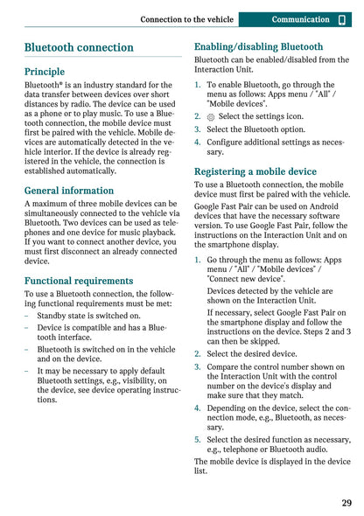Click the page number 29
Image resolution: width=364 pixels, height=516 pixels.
(346, 503)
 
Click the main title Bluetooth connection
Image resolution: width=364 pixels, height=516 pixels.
(79, 47)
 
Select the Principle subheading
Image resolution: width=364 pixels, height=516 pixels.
(45, 72)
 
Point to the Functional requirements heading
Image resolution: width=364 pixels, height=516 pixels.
(79, 281)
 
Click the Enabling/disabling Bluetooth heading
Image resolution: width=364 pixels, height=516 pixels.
(258, 46)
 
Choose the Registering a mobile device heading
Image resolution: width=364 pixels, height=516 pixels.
(255, 171)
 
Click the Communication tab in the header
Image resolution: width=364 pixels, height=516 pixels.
(294, 19)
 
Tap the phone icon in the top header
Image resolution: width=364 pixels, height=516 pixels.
(342, 19)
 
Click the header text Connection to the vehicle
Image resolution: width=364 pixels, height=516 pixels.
(187, 19)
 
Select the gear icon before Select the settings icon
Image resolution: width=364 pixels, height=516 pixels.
(211, 116)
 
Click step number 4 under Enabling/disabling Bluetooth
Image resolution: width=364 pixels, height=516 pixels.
(198, 142)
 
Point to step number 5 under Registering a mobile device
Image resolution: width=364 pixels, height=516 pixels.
(198, 440)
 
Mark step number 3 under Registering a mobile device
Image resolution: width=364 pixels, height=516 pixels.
(198, 367)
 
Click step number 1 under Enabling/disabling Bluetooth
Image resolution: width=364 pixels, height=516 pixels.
(198, 86)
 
